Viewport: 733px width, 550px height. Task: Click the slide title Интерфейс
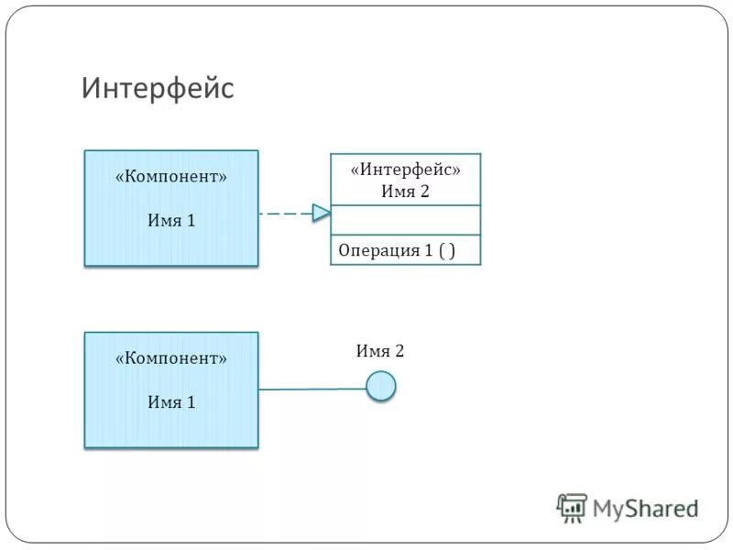point(158,89)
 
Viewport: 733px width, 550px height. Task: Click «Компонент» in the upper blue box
point(171,177)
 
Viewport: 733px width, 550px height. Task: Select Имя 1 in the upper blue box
point(171,220)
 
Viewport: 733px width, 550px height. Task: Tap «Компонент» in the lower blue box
point(171,358)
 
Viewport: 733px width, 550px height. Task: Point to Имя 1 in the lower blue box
point(171,401)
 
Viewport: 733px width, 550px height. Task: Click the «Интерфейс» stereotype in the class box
point(405,170)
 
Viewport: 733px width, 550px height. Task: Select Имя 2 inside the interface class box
point(405,191)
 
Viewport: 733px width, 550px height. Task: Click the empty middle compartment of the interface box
point(405,220)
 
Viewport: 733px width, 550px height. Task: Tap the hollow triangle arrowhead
point(321,213)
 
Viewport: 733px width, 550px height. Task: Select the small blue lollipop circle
point(381,386)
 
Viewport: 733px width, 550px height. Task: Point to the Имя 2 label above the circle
point(379,351)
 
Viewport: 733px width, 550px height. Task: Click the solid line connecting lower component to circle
point(312,389)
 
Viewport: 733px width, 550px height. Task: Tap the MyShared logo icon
point(572,507)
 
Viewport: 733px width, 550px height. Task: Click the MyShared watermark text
point(646,508)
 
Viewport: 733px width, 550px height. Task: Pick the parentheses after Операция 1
point(446,250)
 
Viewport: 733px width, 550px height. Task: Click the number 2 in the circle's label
point(399,351)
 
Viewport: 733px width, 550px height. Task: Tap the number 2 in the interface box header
point(423,191)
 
